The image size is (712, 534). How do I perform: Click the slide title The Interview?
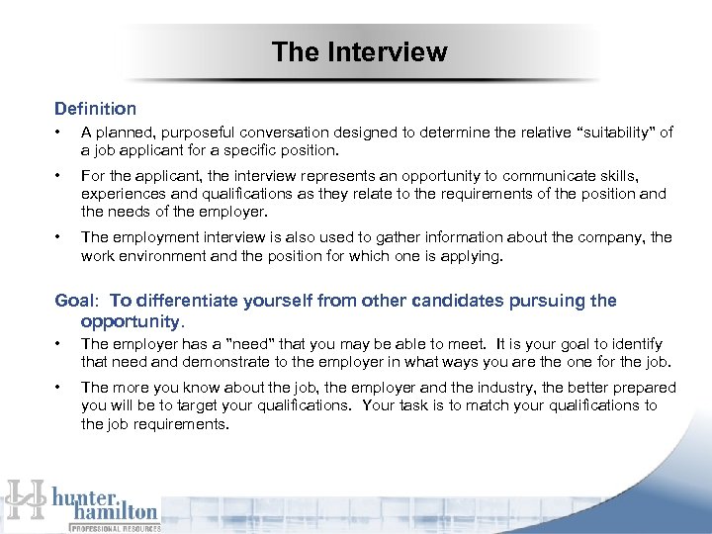tap(359, 51)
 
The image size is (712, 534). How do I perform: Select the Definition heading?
tap(95, 109)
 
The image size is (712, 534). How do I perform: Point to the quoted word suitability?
tap(615, 133)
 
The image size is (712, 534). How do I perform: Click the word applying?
tap(472, 255)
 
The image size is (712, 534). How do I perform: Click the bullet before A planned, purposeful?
tap(60, 133)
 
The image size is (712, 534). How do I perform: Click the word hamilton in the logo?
tap(115, 511)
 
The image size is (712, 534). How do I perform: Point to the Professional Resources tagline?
tap(113, 528)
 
